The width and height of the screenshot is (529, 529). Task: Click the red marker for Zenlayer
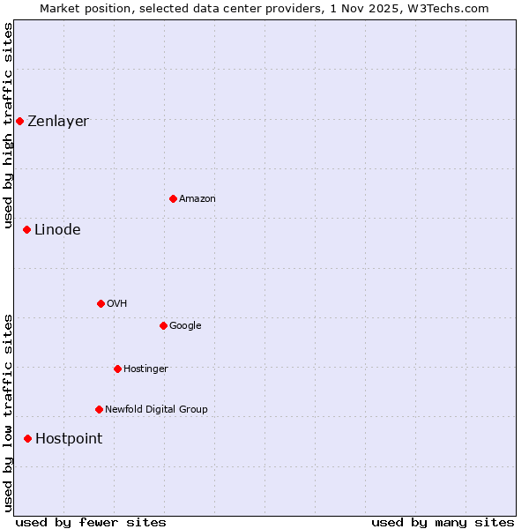coord(19,121)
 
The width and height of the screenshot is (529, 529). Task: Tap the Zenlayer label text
coord(58,122)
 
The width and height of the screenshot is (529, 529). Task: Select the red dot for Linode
coord(26,229)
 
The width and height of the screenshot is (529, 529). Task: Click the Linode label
coord(57,230)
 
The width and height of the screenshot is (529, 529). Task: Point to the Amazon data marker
coord(173,198)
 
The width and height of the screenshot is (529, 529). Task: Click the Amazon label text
coord(197,199)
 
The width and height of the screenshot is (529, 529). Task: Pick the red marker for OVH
coord(101,303)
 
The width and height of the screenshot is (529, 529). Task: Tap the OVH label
coord(117,304)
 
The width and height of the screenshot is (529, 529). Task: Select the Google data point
coord(163,325)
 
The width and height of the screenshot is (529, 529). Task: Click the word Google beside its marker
coord(185,326)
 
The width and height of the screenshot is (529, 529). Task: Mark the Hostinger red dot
coord(117,369)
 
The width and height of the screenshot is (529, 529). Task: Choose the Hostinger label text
coord(145,369)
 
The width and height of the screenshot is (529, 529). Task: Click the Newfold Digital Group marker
coord(99,409)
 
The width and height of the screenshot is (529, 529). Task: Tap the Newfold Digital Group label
coord(156,410)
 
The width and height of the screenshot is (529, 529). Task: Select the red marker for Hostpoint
coord(27,438)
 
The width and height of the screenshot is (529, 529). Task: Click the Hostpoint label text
coord(69,439)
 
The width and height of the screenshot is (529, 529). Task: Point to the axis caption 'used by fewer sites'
coord(91,522)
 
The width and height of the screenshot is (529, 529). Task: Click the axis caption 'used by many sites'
coord(443,522)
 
